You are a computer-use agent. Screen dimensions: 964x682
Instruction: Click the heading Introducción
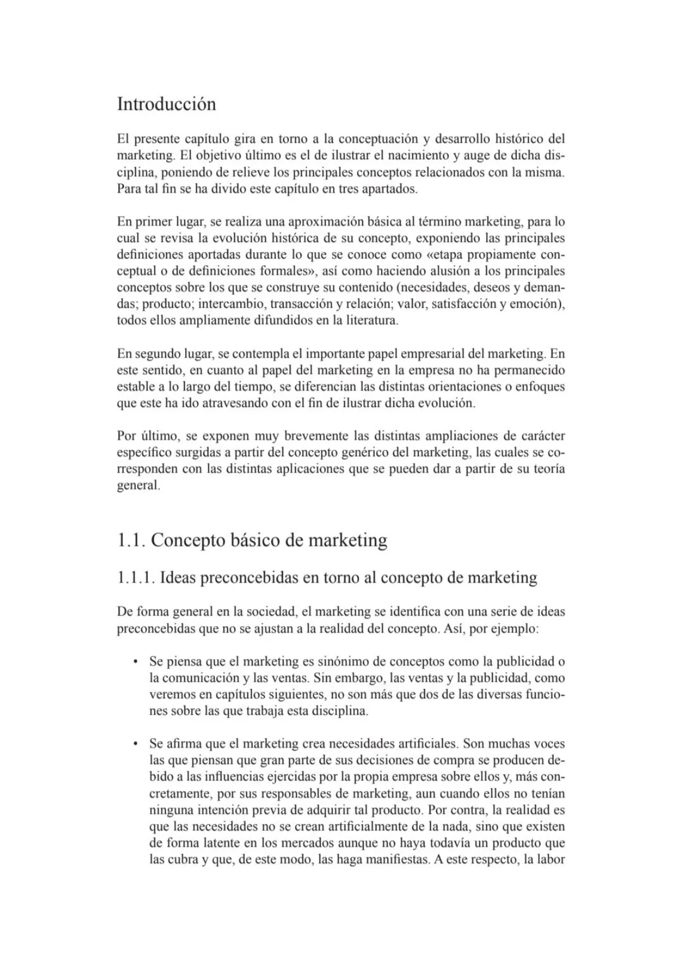[x=166, y=104]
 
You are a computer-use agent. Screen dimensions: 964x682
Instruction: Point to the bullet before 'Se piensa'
[x=135, y=662]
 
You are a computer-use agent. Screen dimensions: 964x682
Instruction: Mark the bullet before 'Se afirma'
[x=135, y=744]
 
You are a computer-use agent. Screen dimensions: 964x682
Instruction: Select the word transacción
[x=299, y=304]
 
